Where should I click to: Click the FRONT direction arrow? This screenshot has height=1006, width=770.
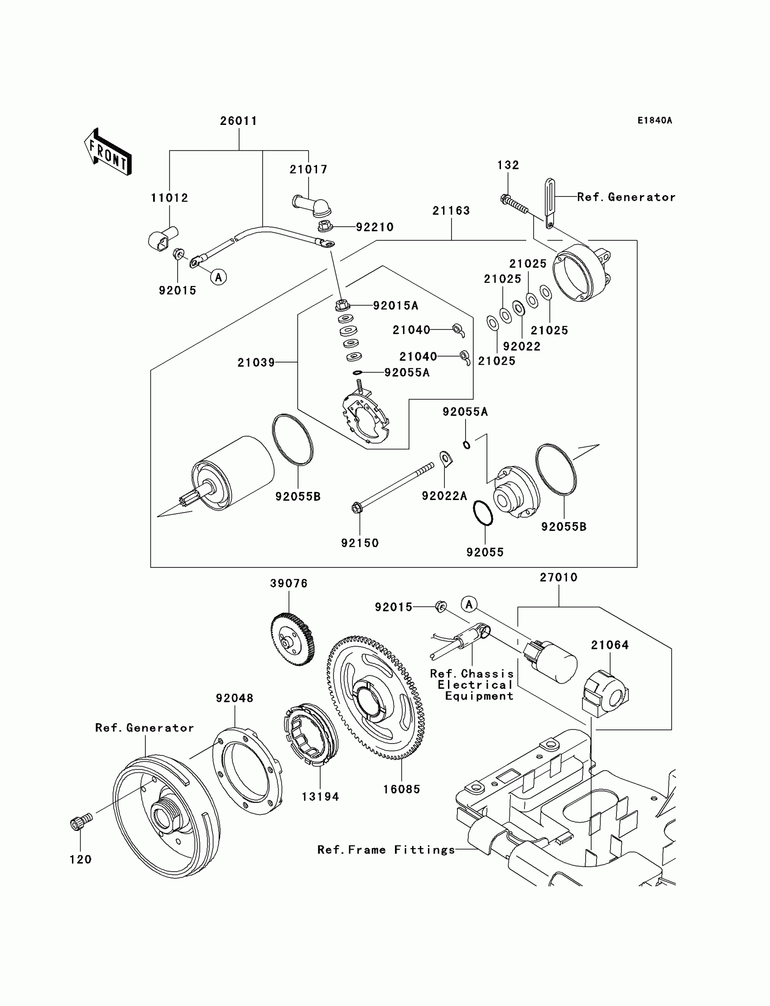point(108,152)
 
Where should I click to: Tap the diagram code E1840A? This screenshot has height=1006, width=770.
point(654,120)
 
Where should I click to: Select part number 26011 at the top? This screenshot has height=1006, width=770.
point(238,121)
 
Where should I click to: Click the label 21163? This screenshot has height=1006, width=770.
point(451,210)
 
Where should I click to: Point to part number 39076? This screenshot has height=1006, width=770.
point(289,583)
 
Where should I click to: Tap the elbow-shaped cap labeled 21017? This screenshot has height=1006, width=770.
point(309,206)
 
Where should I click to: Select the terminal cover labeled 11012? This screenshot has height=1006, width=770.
point(163,238)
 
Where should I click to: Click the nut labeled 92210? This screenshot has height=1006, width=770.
point(325,226)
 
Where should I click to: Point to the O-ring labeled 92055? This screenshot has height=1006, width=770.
point(483,513)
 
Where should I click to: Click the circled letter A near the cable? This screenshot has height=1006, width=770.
point(219,277)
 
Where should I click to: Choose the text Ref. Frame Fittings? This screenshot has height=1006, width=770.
point(386,850)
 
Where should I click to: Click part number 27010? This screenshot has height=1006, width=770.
point(558,577)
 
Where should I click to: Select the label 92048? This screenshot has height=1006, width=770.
point(234,698)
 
